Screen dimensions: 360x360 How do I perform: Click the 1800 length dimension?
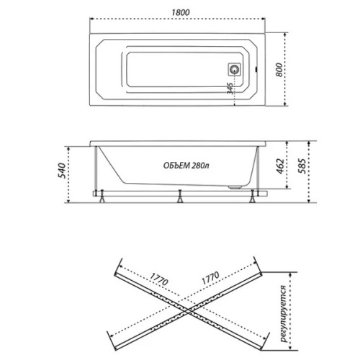tap(180, 12)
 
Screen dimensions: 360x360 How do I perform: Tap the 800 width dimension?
tap(279, 70)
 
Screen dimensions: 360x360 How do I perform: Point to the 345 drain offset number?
tap(230, 89)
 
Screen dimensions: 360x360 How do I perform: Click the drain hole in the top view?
tap(234, 70)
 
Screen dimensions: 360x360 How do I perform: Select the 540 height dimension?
tap(62, 171)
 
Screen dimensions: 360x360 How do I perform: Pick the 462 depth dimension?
tap(280, 166)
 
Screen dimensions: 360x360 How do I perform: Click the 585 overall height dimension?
tap(302, 166)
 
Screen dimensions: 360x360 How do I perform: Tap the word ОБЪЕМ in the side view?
tap(176, 166)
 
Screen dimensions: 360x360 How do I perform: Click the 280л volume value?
tap(201, 166)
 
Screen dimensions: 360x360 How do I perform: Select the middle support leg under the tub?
tap(180, 197)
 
